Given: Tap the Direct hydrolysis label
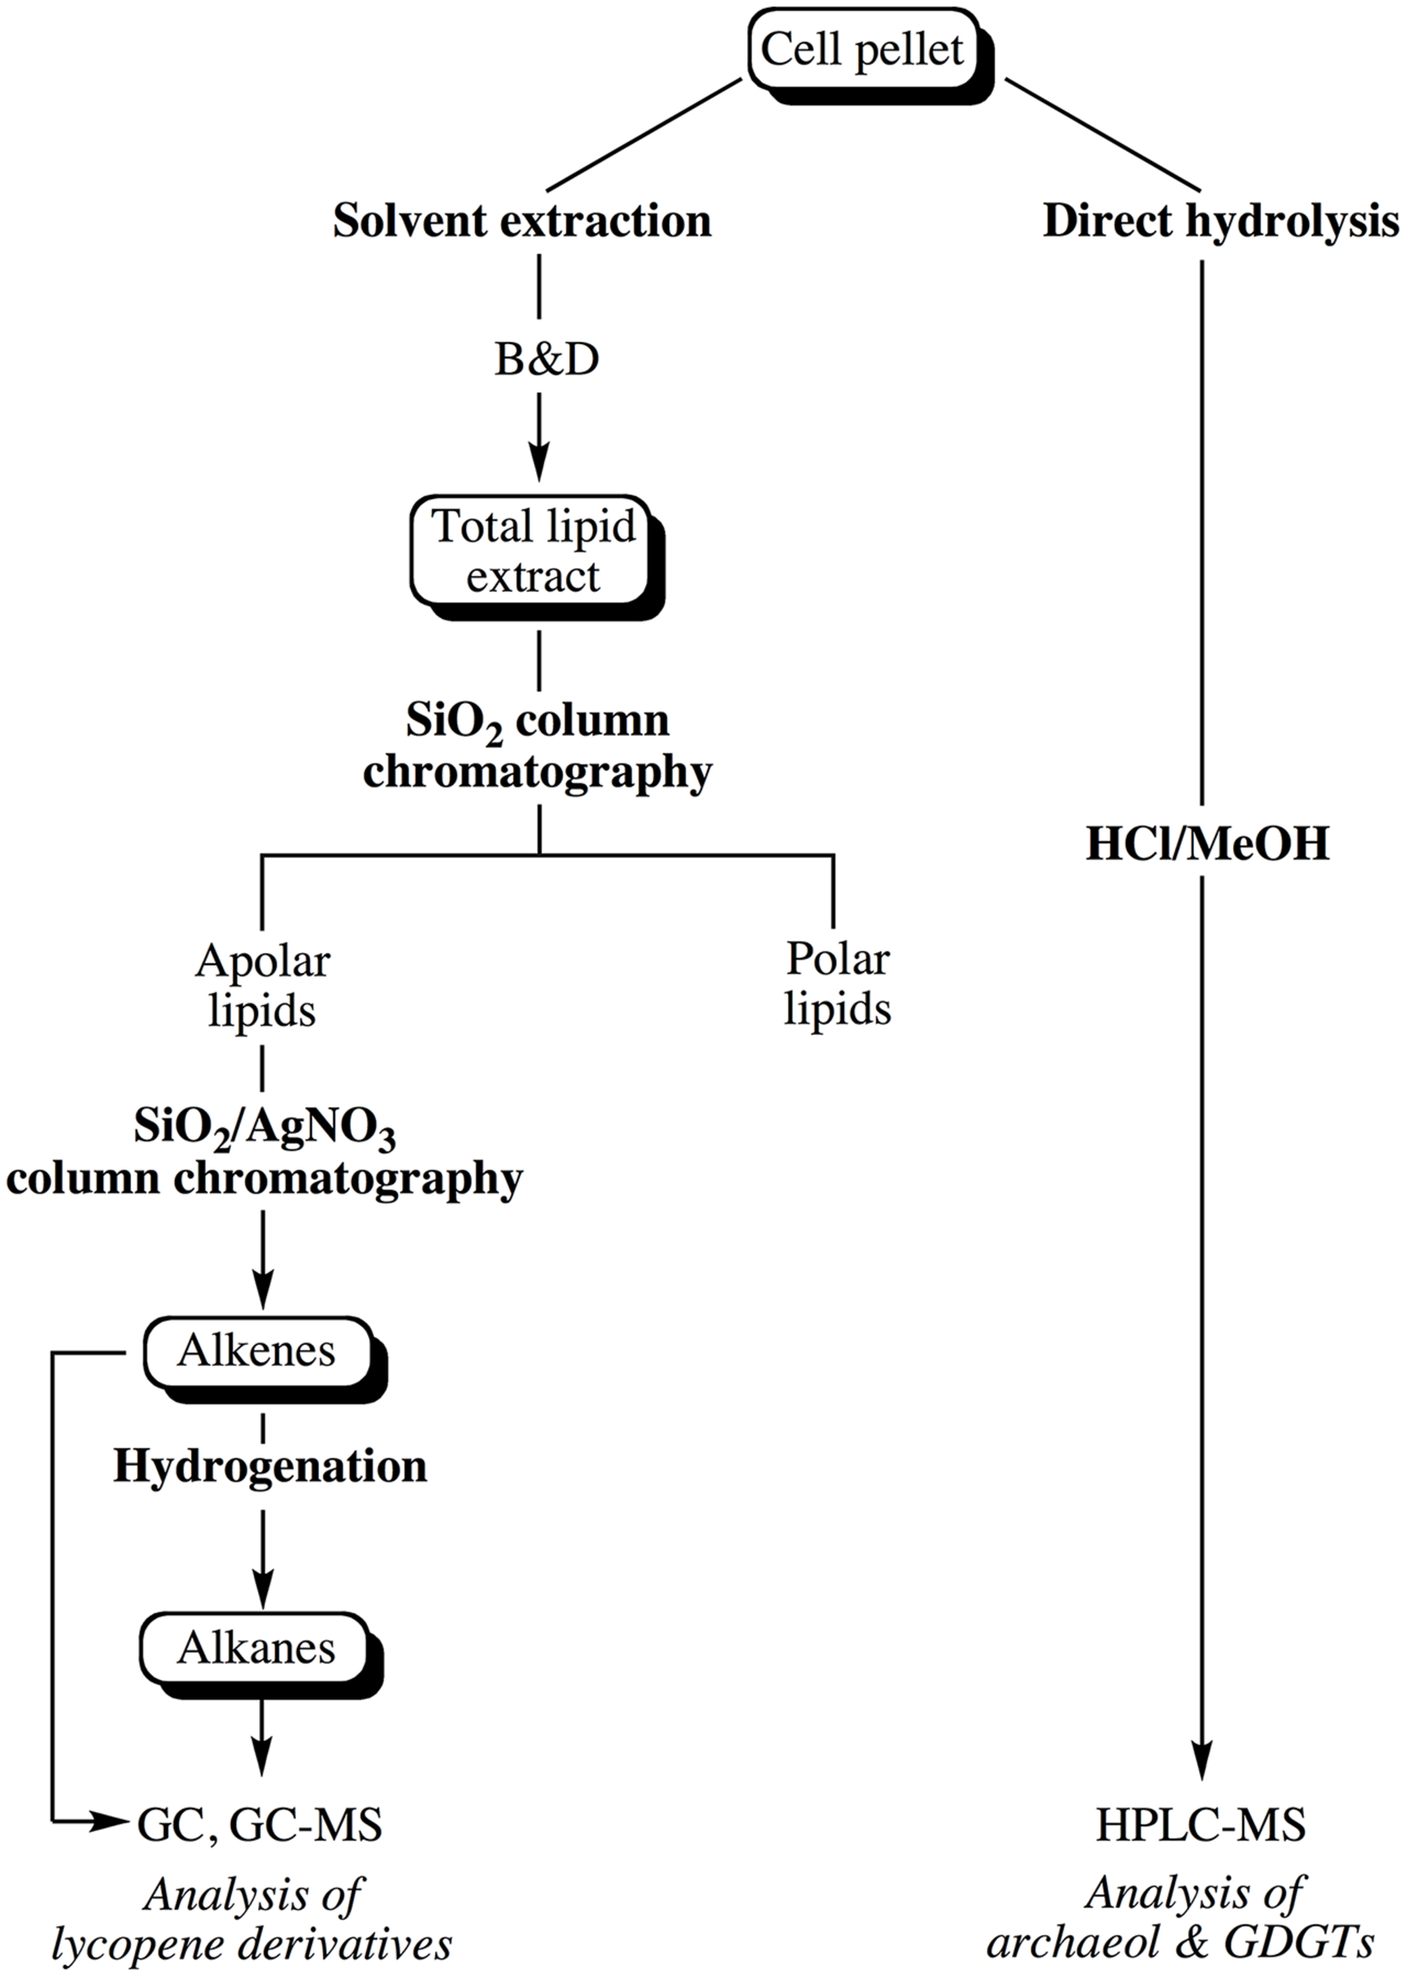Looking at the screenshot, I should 1220,221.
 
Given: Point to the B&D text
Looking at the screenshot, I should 547,360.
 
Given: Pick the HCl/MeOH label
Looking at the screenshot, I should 1207,844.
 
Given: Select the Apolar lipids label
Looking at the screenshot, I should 262,986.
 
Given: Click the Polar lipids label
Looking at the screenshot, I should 837,985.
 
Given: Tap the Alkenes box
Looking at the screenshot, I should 256,1351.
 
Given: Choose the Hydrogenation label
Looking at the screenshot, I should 270,1467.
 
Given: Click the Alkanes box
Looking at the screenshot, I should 256,1648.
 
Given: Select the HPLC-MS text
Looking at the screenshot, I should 1201,1824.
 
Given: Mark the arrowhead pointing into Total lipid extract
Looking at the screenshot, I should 539,465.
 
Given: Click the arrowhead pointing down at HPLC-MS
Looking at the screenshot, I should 1202,1763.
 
